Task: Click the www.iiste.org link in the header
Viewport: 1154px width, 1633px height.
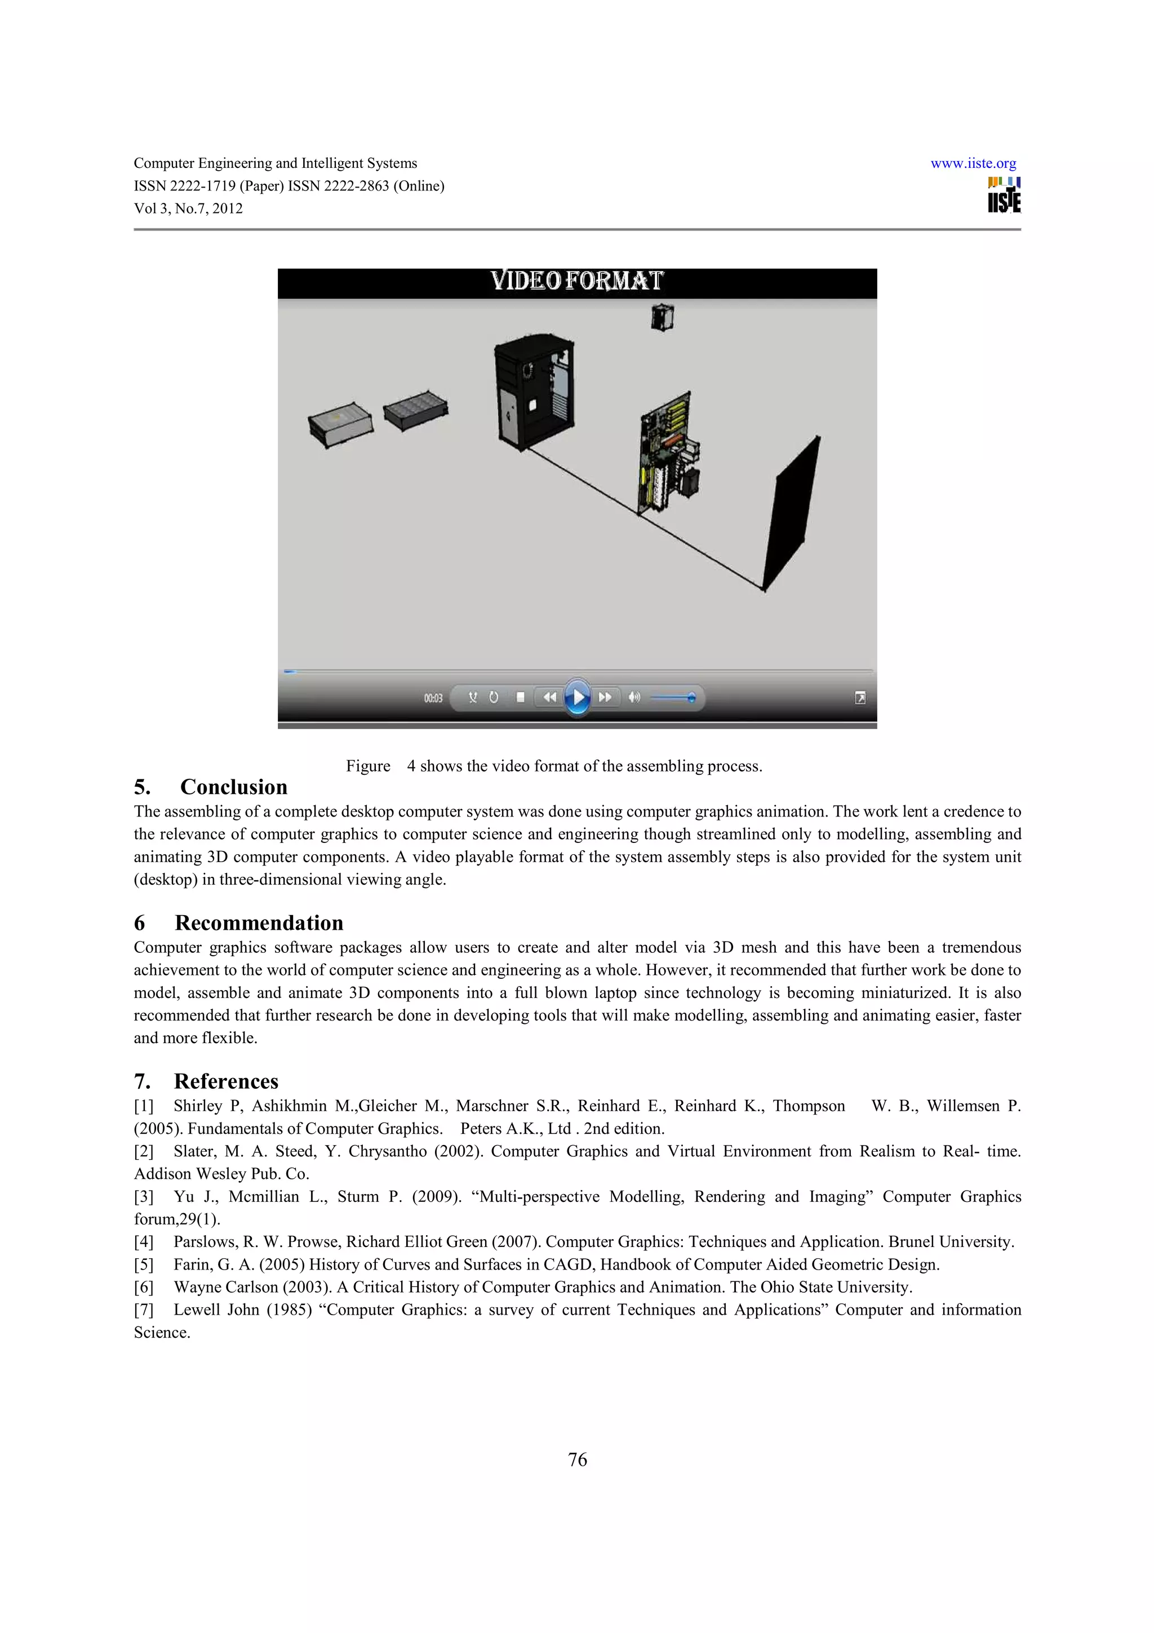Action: (973, 163)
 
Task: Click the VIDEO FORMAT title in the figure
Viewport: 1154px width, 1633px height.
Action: (576, 281)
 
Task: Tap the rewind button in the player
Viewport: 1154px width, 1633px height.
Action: (549, 697)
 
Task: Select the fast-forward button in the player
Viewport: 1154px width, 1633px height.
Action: (605, 697)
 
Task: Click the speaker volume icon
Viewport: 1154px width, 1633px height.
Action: (634, 697)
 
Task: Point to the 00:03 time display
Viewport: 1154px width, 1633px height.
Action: (433, 698)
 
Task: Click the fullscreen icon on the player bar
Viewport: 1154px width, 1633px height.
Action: (860, 698)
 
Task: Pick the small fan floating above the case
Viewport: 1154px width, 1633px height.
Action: (662, 317)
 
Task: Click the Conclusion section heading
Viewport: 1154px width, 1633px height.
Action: (233, 787)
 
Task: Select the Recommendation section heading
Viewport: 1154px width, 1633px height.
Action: (259, 922)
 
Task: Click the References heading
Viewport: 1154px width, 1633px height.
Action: (225, 1081)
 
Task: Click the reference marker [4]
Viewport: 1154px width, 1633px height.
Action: (144, 1242)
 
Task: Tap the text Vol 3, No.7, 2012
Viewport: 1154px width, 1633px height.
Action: (188, 208)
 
